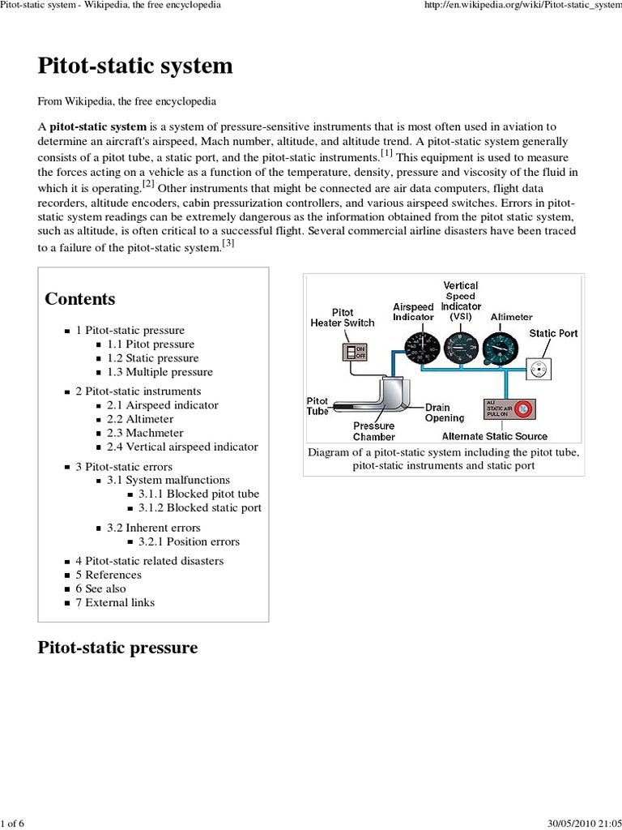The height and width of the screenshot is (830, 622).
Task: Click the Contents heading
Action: (x=80, y=299)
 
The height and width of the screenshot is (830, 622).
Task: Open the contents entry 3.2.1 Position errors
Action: (x=189, y=541)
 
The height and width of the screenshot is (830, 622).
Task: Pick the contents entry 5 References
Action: (x=109, y=575)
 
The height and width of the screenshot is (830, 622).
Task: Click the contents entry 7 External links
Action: (x=115, y=602)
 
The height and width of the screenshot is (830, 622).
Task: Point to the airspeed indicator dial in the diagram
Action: (x=414, y=346)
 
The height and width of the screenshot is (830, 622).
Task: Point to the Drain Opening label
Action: (x=445, y=413)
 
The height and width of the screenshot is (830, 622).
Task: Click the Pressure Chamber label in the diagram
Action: (x=373, y=431)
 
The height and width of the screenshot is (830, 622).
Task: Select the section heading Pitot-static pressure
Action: (x=117, y=648)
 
